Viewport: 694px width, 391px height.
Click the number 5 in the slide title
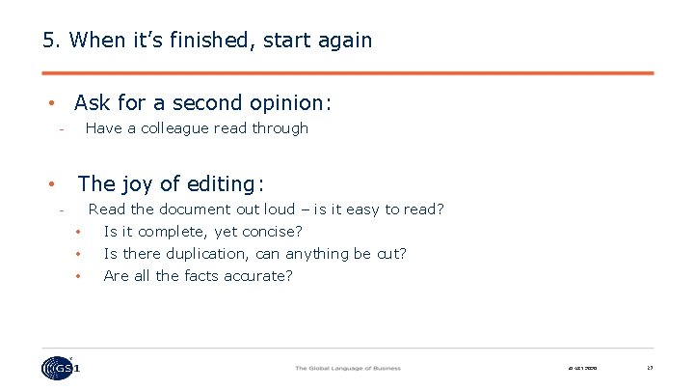48,41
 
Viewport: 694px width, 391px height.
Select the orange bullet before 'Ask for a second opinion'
51,103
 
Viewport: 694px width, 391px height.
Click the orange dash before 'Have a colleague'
60,129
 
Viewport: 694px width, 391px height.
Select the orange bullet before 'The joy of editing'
51,184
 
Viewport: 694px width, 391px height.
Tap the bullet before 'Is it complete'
78,232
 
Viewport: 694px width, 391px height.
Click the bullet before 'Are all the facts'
78,277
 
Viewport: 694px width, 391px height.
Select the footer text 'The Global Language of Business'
347,368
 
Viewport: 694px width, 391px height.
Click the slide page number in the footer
650,368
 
